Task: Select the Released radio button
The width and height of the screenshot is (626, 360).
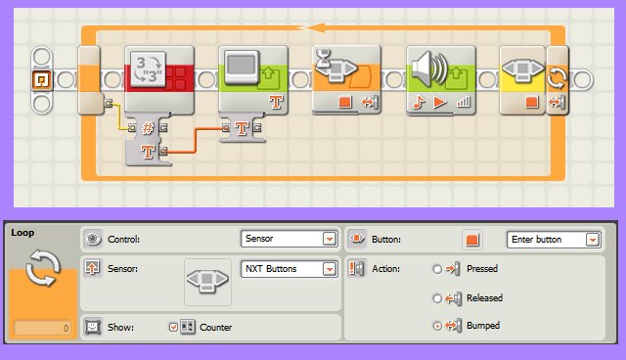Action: [436, 298]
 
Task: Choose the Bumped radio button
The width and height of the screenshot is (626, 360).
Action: [436, 325]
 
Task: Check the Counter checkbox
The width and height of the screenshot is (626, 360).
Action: [174, 326]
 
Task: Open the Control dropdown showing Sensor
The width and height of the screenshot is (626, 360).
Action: [289, 239]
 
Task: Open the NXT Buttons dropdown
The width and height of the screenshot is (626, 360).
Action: [289, 269]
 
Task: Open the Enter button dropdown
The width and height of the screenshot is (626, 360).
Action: [554, 239]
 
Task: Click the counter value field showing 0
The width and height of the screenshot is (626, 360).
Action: [41, 329]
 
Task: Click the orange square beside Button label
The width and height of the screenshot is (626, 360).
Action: [472, 239]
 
